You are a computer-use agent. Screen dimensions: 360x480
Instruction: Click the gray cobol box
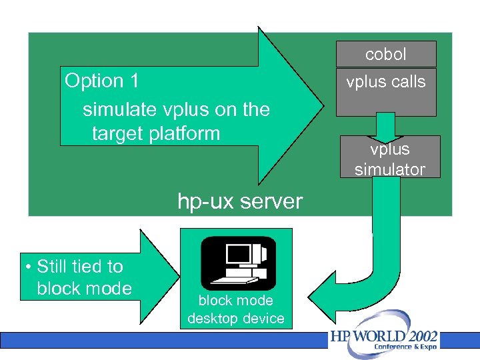[386, 54]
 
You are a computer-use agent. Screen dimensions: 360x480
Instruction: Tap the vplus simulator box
[390, 159]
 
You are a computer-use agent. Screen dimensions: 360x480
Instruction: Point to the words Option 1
[102, 81]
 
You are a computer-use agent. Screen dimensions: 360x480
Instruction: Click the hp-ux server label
[240, 201]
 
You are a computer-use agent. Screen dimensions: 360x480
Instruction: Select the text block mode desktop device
[236, 309]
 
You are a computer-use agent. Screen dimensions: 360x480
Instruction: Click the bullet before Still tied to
[28, 267]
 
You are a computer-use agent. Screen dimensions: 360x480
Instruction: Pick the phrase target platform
[156, 133]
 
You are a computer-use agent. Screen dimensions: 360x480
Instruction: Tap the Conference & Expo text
[405, 347]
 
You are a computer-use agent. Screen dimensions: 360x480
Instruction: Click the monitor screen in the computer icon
[237, 254]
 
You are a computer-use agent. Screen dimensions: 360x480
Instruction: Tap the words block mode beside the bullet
[84, 288]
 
